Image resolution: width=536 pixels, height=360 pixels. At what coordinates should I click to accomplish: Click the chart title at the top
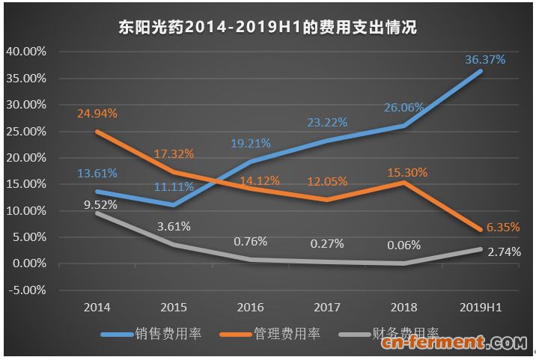(x=268, y=28)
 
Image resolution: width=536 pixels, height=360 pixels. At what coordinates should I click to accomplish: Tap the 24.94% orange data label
(x=97, y=113)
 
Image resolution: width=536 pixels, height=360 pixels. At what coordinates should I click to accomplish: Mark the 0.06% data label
(x=405, y=245)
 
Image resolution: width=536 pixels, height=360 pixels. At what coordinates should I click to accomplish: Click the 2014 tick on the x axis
(x=97, y=308)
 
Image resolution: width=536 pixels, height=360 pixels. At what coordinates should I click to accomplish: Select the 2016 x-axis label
(x=251, y=308)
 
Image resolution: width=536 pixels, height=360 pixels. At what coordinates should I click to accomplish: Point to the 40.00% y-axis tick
(x=26, y=52)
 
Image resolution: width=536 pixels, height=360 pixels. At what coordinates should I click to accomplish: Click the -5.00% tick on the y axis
(x=26, y=290)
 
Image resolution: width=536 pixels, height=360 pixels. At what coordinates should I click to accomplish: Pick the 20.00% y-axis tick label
(x=26, y=158)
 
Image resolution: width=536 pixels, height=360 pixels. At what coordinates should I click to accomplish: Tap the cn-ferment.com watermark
(x=454, y=344)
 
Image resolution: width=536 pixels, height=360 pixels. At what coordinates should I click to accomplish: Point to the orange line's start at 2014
(x=97, y=131)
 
